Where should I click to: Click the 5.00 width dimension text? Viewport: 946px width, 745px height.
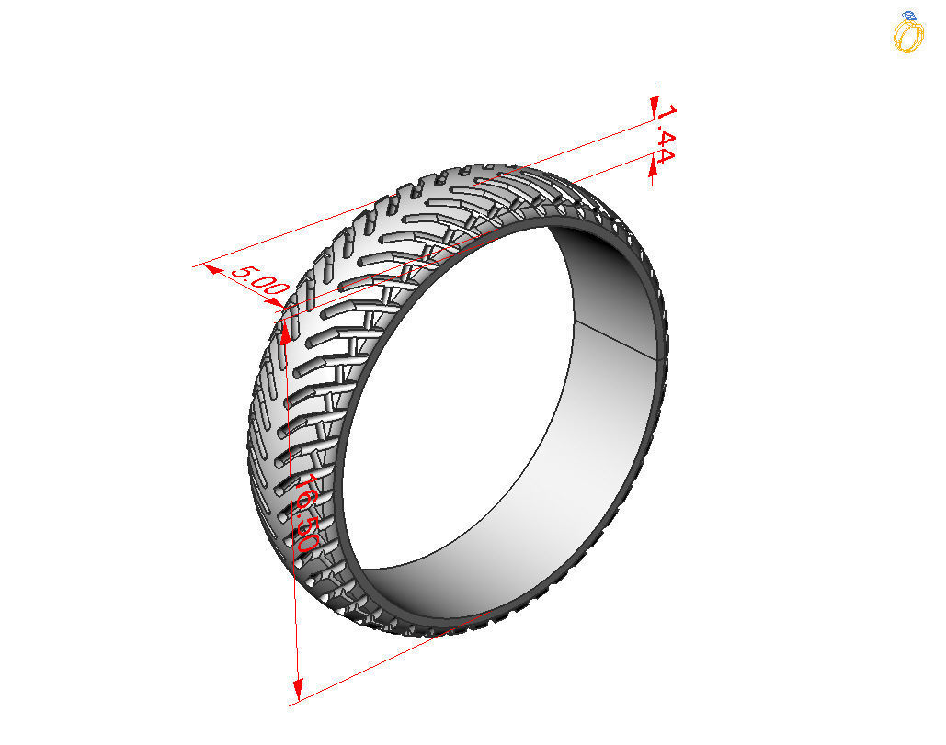coord(258,279)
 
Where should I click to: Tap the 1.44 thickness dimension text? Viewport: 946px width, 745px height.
coord(666,135)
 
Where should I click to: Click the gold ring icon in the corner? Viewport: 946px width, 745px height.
coord(908,35)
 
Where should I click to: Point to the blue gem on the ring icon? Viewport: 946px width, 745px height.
coord(909,17)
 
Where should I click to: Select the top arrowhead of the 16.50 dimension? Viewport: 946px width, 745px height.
coord(286,332)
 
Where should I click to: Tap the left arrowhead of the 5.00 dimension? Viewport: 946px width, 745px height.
coord(211,269)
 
